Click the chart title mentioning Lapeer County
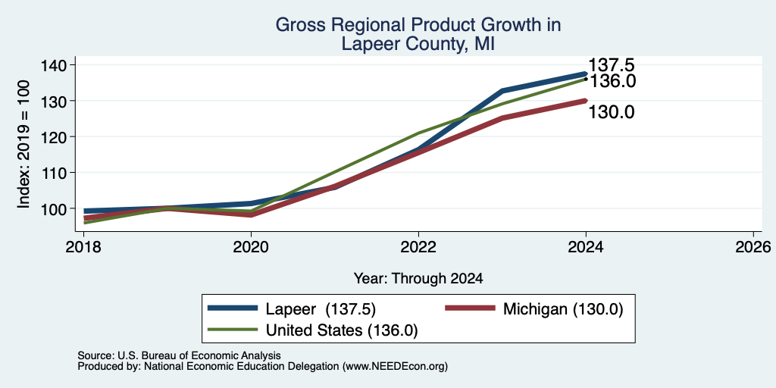click(x=418, y=34)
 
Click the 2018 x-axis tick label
click(x=84, y=246)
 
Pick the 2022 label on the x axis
click(x=418, y=246)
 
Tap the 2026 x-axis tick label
click(x=753, y=246)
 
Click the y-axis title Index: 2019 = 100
click(x=23, y=144)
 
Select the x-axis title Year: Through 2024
click(x=418, y=278)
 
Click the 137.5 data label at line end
click(x=612, y=65)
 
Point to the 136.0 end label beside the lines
click(x=612, y=81)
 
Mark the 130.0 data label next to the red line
click(x=612, y=112)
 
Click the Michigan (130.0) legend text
click(x=563, y=309)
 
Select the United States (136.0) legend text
click(x=342, y=330)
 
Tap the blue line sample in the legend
click(x=233, y=308)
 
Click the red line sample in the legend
click(x=470, y=308)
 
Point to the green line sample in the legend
click(x=233, y=330)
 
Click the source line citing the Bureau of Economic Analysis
click(x=179, y=355)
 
